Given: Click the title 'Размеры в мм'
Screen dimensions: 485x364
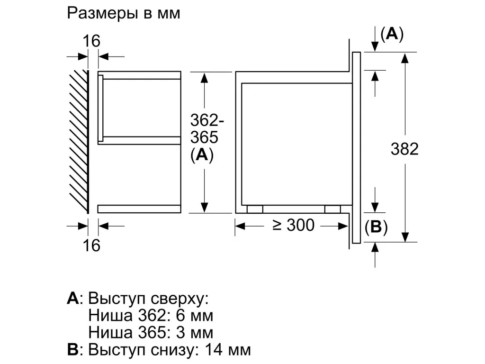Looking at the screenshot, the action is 124,14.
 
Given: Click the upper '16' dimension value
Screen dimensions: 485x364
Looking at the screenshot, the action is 91,41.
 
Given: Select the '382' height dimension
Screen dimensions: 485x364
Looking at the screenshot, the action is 404,149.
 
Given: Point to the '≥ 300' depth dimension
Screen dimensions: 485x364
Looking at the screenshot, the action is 293,225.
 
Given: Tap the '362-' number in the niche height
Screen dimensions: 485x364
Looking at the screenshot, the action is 207,120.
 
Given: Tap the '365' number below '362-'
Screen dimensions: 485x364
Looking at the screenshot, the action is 204,137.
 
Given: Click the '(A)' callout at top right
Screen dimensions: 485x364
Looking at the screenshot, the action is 392,34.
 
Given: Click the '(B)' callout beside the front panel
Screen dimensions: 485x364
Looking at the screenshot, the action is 376,227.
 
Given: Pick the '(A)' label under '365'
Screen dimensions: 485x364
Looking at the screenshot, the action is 202,155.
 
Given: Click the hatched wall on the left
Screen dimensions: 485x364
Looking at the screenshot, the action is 79,141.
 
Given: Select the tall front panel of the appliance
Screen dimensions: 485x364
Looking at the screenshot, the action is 356,147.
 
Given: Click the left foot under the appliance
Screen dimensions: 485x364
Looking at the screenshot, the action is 255,209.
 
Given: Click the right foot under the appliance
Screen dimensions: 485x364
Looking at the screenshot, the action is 332,209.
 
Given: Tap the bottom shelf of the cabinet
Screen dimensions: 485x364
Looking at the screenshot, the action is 139,209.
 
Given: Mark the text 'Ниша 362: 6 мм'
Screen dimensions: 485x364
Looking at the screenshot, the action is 151,316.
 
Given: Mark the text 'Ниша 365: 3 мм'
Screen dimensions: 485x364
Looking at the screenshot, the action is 151,333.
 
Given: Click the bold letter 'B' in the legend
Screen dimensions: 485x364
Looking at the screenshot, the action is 72,350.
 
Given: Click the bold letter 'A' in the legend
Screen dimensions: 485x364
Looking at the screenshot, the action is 73,299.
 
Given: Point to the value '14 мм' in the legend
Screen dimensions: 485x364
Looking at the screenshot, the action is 228,350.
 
